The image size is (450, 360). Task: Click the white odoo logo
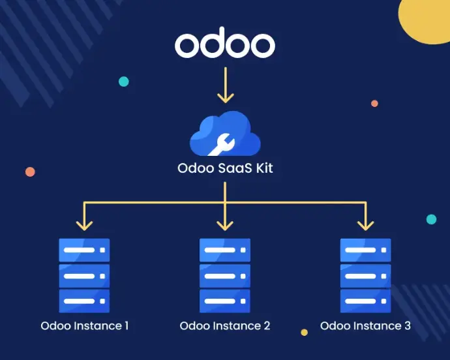[225, 44]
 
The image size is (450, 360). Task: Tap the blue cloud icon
[225, 134]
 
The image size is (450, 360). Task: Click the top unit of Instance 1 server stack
[84, 250]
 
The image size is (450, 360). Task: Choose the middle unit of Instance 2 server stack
[225, 275]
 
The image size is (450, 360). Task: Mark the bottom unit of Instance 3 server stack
[365, 301]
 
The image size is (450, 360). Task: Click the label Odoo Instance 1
[84, 325]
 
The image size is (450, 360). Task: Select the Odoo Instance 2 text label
[225, 325]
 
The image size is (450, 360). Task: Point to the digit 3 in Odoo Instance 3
[407, 325]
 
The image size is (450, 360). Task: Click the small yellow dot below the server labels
[304, 333]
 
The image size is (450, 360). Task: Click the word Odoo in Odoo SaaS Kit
[194, 168]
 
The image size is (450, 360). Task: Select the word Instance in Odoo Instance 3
[376, 325]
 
